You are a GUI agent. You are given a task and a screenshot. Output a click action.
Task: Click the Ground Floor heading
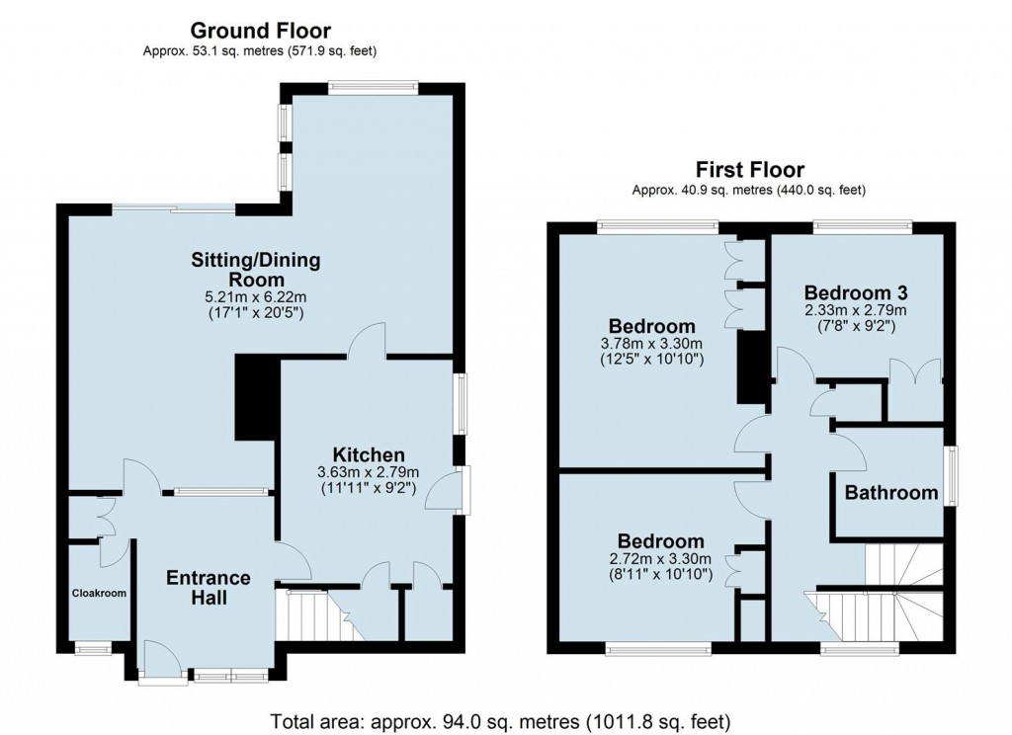tap(260, 32)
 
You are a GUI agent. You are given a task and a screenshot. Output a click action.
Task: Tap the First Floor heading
tap(750, 170)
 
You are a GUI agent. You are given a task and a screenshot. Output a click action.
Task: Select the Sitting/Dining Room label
tap(256, 270)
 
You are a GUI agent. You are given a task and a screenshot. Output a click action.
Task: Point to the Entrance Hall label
tap(208, 588)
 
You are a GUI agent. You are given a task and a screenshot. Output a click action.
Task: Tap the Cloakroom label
tap(99, 594)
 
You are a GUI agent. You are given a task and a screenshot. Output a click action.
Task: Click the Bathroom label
tap(890, 493)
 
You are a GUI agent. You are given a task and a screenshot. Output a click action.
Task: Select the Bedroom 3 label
tap(856, 292)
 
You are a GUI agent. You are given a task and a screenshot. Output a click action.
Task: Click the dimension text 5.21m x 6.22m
tap(256, 296)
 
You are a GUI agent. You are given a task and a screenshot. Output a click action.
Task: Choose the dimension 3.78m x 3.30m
tap(651, 345)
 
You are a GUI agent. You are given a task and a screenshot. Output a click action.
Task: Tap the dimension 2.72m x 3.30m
tap(660, 558)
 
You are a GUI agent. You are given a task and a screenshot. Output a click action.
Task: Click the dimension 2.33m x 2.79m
tap(856, 310)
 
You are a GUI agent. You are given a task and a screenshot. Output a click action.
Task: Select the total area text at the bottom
tap(505, 718)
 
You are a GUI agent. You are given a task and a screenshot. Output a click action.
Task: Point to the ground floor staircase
tap(308, 615)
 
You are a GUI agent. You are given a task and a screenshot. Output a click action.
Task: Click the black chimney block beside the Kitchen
tap(254, 399)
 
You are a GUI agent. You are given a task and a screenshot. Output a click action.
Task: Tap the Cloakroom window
tap(94, 649)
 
